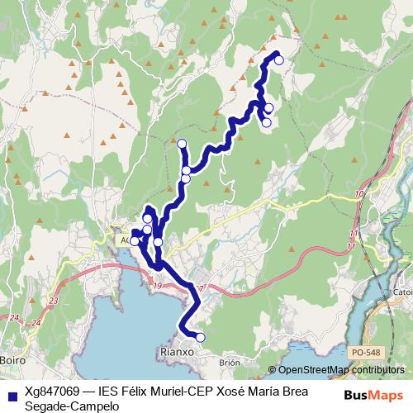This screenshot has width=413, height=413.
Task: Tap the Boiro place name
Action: [12, 361]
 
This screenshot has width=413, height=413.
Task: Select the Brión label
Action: [229, 362]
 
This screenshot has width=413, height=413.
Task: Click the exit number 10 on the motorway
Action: [358, 194]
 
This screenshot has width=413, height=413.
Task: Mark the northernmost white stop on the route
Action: [279, 59]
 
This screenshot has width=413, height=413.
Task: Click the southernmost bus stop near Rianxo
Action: [199, 336]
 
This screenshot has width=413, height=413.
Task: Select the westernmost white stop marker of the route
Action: [135, 241]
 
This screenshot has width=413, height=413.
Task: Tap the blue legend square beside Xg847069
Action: [10, 391]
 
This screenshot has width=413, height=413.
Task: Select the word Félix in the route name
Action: [138, 390]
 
